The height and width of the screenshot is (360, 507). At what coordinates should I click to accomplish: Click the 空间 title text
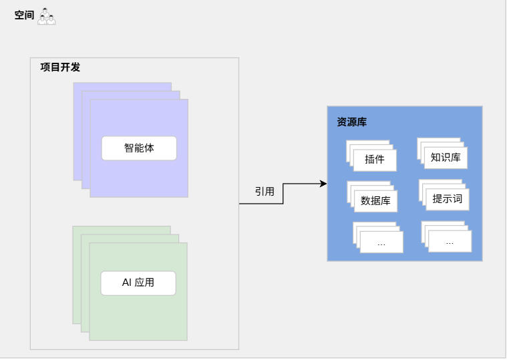point(24,15)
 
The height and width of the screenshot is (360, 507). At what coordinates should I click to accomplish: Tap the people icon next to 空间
point(46,16)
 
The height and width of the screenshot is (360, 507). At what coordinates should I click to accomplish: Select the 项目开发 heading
point(60,67)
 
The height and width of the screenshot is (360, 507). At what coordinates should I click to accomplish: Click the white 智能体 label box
point(139,148)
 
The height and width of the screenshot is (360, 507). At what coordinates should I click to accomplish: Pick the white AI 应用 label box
point(138,283)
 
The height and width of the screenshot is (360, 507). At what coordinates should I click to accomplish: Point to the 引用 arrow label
point(265,191)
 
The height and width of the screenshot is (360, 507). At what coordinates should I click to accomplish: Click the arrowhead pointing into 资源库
point(323,184)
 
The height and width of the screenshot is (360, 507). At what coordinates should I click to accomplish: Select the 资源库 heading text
point(352,122)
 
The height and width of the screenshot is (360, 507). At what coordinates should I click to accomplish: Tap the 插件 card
point(375,160)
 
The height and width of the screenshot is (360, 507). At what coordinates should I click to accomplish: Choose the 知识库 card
point(446,158)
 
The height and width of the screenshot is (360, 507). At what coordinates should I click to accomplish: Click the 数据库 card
point(375,200)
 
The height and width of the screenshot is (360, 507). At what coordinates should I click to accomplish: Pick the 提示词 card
point(448,199)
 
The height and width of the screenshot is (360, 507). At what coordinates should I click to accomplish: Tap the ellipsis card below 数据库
point(381,242)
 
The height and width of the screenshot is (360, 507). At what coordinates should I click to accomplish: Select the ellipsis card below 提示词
point(450,241)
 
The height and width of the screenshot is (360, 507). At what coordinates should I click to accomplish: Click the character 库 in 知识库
point(456,158)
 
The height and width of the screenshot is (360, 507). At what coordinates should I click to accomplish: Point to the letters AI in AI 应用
point(127,283)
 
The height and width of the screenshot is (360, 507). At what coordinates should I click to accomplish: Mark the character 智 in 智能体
point(129,148)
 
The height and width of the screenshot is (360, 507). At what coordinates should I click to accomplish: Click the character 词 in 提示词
point(458,199)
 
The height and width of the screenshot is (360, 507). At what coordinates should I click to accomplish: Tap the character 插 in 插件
point(370,160)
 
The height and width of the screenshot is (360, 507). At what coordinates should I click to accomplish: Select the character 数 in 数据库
point(365,200)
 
